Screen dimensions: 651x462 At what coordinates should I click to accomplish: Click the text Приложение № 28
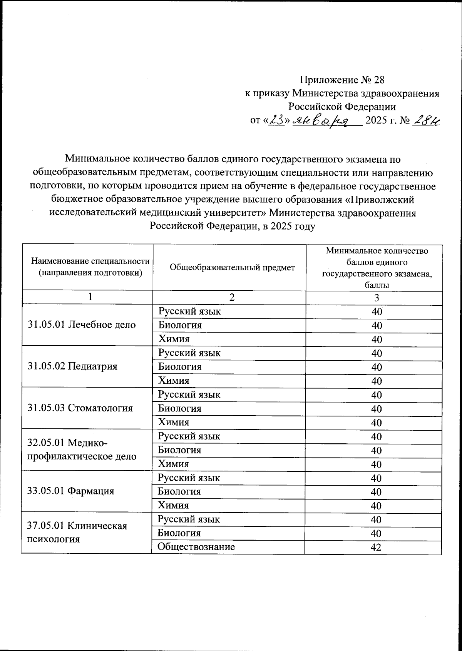[x=342, y=80]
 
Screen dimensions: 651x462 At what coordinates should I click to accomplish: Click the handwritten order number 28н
[x=426, y=121]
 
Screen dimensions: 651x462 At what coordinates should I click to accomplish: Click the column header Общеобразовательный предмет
[x=232, y=268]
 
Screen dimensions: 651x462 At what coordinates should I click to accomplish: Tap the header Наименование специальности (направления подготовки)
[x=90, y=267]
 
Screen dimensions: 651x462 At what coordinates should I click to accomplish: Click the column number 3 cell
[x=377, y=298]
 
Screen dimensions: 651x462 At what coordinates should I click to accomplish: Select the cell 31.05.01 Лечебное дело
[x=82, y=325]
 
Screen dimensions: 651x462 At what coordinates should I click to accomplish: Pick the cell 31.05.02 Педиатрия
[x=72, y=366]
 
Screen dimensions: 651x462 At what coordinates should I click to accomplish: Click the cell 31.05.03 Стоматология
[x=80, y=408]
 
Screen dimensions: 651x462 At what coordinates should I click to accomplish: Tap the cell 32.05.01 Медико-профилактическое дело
[x=82, y=450]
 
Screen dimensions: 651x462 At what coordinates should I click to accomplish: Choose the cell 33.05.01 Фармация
[x=71, y=491]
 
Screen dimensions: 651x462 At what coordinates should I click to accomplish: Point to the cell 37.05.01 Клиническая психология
[x=77, y=532]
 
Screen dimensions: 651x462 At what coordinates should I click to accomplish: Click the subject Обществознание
[x=196, y=547]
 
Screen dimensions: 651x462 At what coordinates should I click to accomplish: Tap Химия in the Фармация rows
[x=173, y=505]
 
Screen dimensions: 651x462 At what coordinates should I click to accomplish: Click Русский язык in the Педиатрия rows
[x=189, y=353]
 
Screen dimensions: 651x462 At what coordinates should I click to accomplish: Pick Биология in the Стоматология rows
[x=179, y=408]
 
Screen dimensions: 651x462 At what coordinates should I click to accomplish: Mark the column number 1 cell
[x=90, y=297]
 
